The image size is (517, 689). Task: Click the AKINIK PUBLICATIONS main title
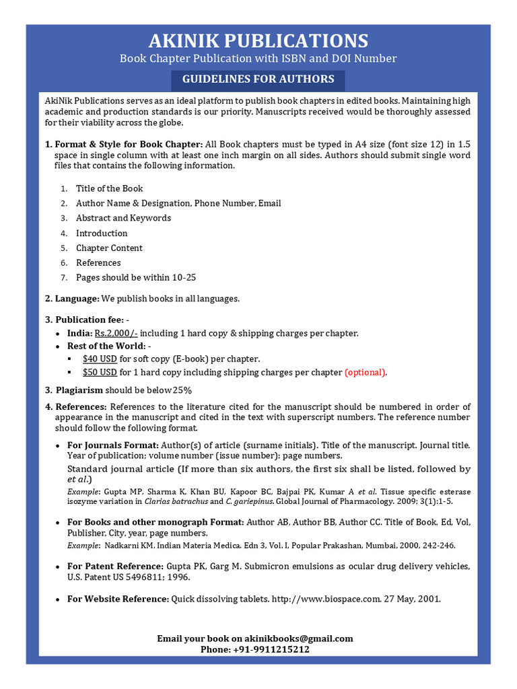tap(258, 40)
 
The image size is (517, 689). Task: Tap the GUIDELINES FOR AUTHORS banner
tap(258, 79)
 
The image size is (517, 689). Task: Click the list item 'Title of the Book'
tap(109, 188)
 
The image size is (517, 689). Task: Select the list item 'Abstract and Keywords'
tap(123, 218)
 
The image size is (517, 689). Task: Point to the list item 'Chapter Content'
tap(109, 248)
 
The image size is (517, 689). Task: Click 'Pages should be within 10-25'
tap(136, 277)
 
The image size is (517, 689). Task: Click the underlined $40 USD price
tap(100, 359)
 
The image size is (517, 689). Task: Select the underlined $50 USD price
tap(100, 372)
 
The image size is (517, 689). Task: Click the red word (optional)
tap(366, 372)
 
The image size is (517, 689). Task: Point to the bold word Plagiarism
tap(79, 390)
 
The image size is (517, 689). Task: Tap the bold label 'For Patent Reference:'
tap(115, 566)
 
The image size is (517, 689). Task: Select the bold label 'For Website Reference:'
tap(118, 598)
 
